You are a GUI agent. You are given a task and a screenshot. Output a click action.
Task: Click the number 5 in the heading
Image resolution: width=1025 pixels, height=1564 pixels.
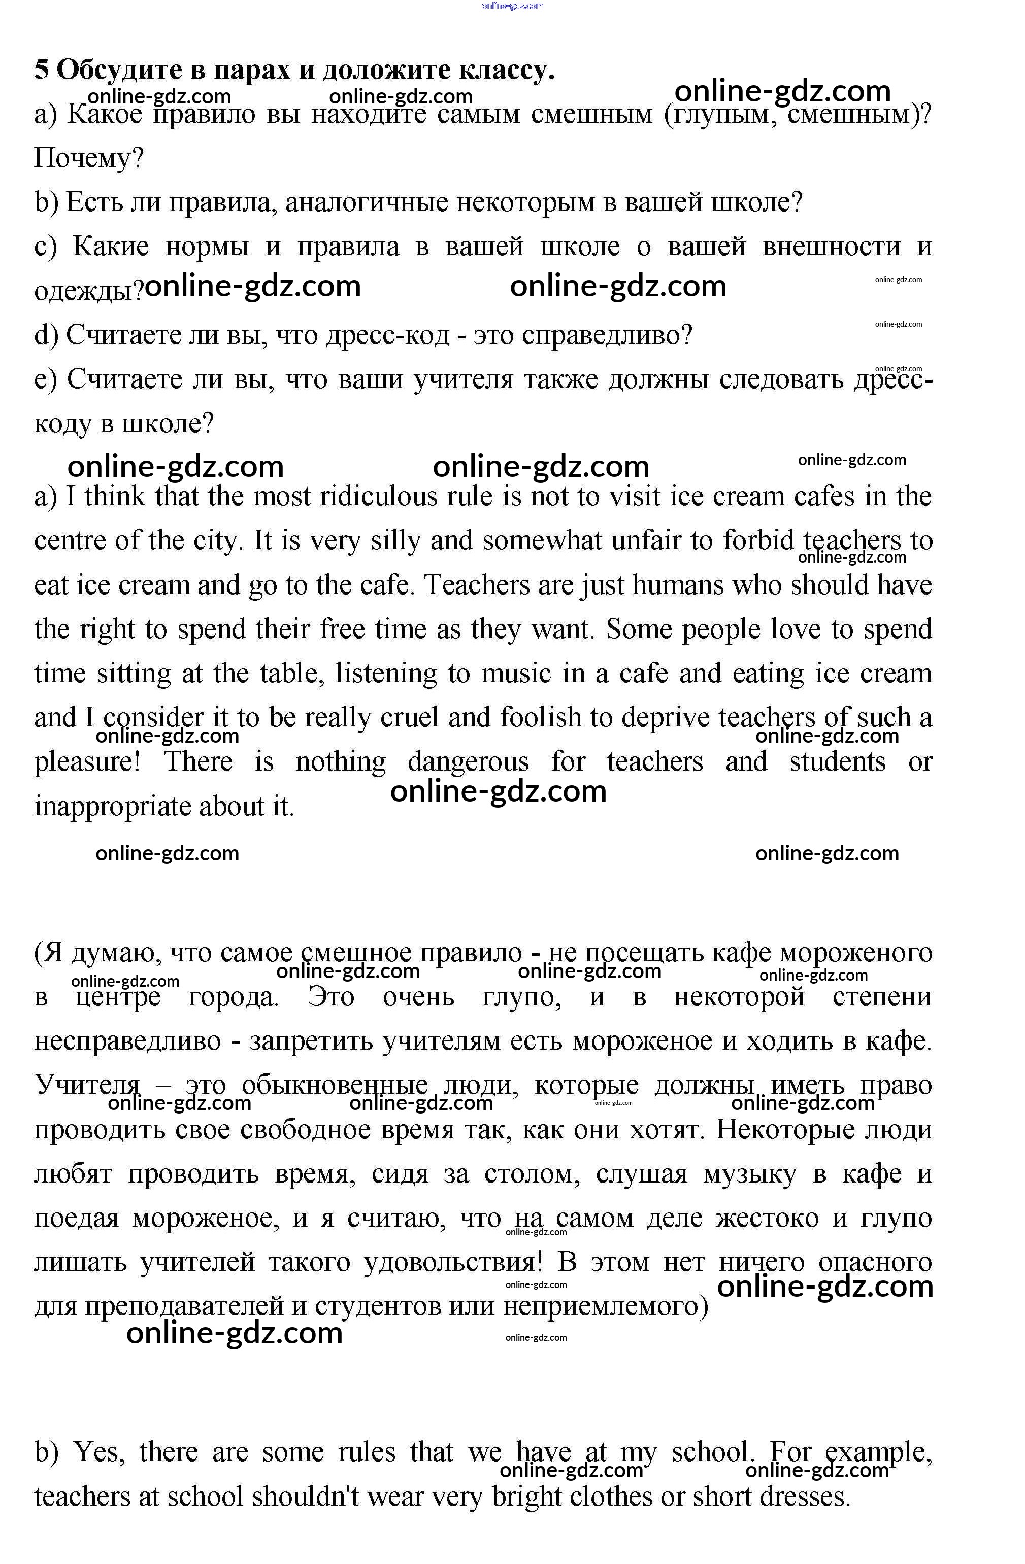pyautogui.click(x=42, y=69)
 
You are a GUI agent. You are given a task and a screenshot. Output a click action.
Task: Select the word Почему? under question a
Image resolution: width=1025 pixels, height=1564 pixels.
pyautogui.click(x=89, y=158)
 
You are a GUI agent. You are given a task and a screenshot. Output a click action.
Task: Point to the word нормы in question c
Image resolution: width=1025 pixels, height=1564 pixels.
pyautogui.click(x=207, y=247)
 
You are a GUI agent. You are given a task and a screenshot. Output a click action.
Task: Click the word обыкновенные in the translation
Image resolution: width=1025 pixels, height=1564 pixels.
pyautogui.click(x=335, y=1086)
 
